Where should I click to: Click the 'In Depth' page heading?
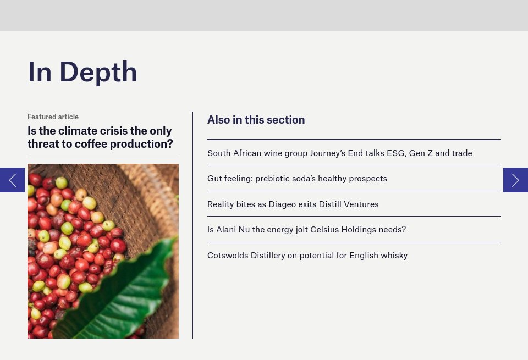point(82,72)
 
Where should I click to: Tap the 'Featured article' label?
point(53,117)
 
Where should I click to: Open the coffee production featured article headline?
point(100,137)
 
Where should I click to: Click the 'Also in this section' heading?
point(256,120)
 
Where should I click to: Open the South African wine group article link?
point(339,153)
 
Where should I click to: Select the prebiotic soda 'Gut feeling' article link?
point(297,179)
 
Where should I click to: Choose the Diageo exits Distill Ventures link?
point(293,204)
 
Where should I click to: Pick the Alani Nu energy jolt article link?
point(306,230)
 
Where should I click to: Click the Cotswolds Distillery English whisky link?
point(307,256)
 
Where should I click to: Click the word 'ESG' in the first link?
point(396,153)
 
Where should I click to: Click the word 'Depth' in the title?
point(98,72)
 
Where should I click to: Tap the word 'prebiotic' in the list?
point(274,179)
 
